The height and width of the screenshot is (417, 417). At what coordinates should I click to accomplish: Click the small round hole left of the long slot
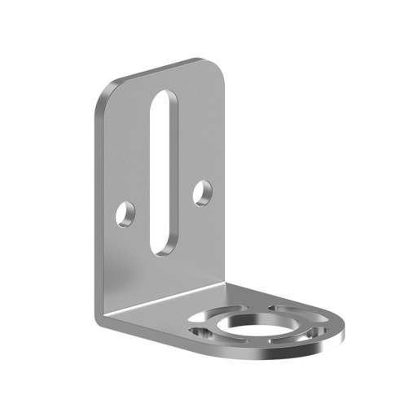125,214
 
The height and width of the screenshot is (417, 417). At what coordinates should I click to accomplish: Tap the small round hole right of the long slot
202,193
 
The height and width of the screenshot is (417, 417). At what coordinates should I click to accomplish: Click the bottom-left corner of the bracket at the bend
99,318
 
